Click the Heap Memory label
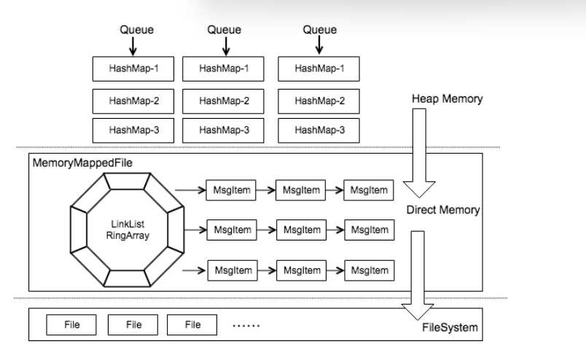447,98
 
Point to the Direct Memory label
443,210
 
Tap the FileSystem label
450,327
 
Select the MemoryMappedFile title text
82,163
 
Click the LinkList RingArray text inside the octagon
128,230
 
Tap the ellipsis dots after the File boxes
246,326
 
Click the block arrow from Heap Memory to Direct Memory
419,153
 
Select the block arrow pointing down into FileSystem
418,275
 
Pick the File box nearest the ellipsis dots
192,325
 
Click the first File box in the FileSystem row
71,325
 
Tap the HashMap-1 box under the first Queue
133,69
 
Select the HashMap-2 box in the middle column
223,101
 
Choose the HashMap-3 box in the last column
319,130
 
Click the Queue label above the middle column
224,30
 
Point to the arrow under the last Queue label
319,45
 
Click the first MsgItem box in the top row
231,190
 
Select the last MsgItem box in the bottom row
370,270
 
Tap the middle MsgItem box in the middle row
302,230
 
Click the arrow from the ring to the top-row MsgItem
190,190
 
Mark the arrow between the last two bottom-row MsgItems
335,270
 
